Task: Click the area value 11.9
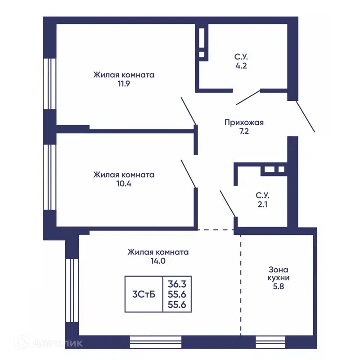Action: [x=124, y=84]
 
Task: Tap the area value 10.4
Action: [x=124, y=184]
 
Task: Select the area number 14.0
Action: [x=158, y=261]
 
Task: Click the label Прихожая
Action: [x=244, y=122]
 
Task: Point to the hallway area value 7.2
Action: [x=244, y=131]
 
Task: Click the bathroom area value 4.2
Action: [x=241, y=66]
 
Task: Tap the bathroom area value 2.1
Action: [x=262, y=204]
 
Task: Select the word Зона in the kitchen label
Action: [x=279, y=270]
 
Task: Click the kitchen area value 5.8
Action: [x=279, y=287]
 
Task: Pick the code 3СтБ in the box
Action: [x=144, y=294]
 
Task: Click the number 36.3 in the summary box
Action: [x=177, y=284]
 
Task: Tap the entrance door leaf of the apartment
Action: [x=305, y=117]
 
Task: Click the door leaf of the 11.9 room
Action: [x=189, y=111]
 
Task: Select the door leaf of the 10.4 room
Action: [x=189, y=174]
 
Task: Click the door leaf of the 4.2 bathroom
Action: [x=248, y=97]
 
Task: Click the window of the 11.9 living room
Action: [x=50, y=84]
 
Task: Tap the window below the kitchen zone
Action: [x=271, y=342]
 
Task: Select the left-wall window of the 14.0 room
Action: [x=72, y=291]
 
